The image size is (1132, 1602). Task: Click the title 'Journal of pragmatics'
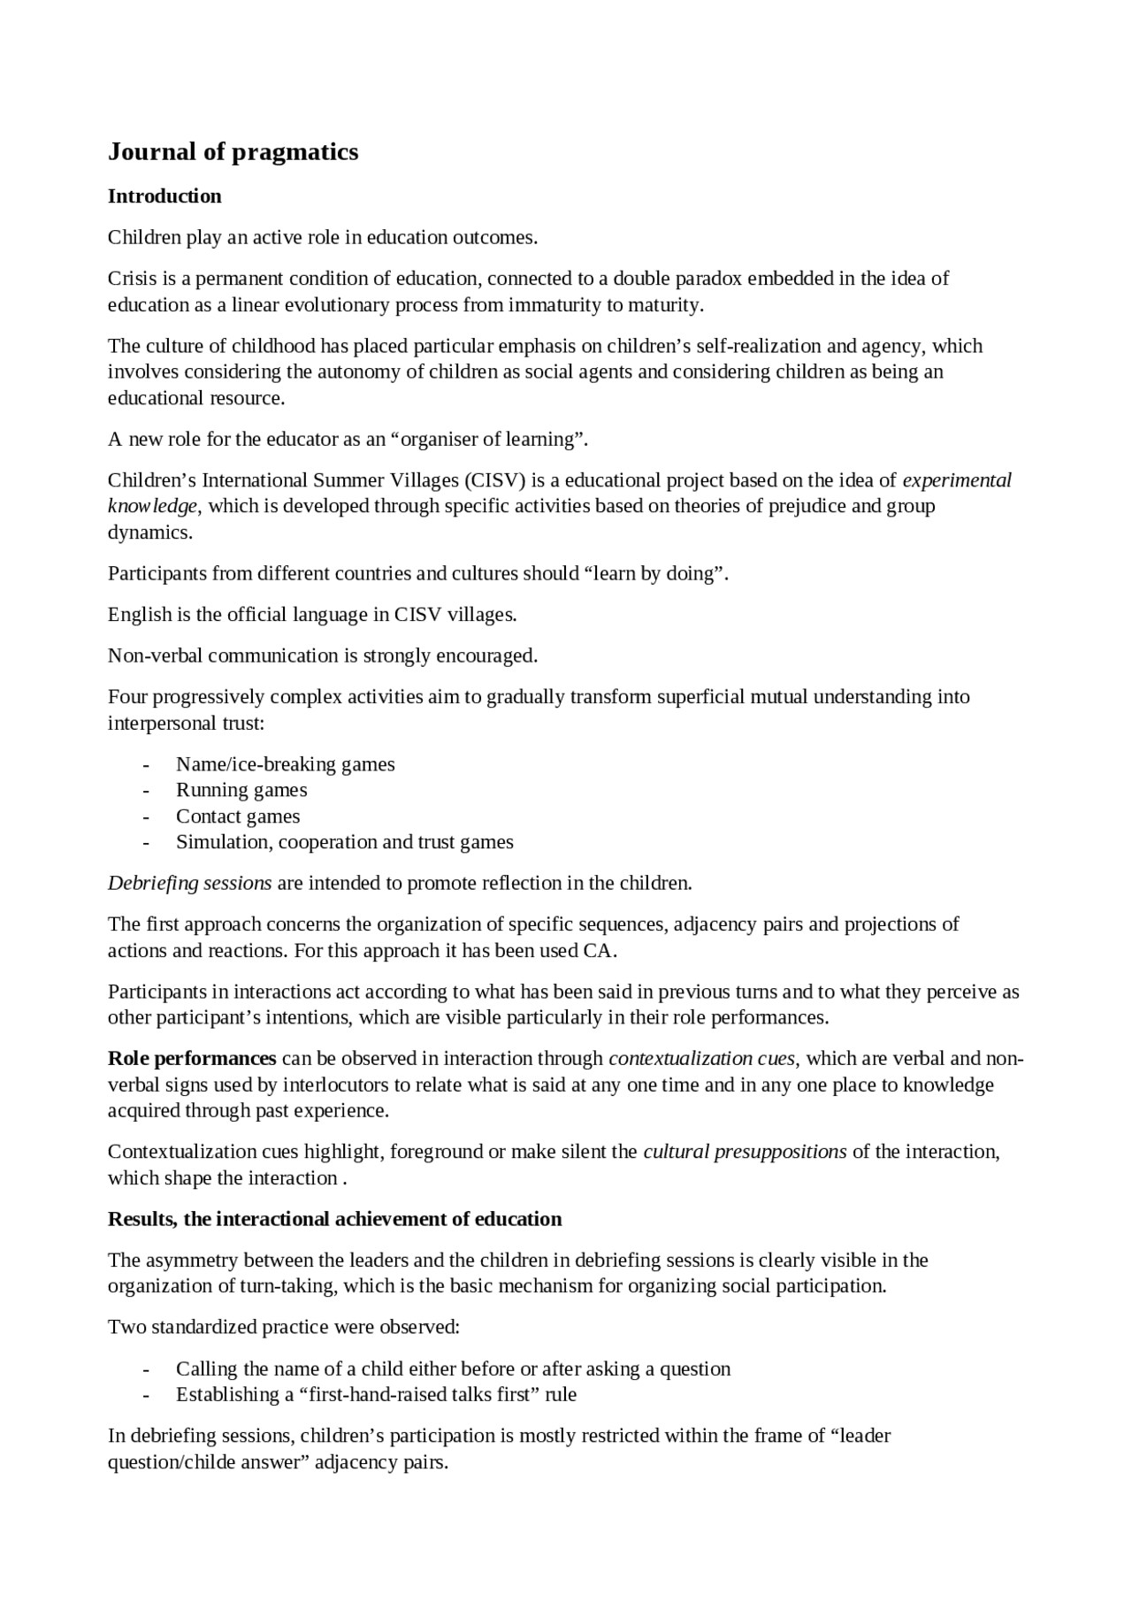pyautogui.click(x=233, y=152)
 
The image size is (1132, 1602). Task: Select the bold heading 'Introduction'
pyautogui.click(x=164, y=196)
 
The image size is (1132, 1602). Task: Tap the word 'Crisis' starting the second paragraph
pyautogui.click(x=131, y=279)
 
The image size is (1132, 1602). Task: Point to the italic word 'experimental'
pyautogui.click(x=956, y=480)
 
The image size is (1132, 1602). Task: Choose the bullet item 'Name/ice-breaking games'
pyautogui.click(x=285, y=764)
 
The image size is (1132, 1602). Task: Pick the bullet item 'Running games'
pyautogui.click(x=241, y=790)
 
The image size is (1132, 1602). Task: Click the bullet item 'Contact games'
pyautogui.click(x=238, y=816)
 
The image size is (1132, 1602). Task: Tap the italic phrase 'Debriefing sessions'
pyautogui.click(x=189, y=883)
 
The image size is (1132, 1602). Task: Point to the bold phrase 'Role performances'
pyautogui.click(x=192, y=1059)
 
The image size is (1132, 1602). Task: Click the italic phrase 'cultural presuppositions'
pyautogui.click(x=745, y=1152)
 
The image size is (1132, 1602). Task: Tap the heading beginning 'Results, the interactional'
pyautogui.click(x=334, y=1219)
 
